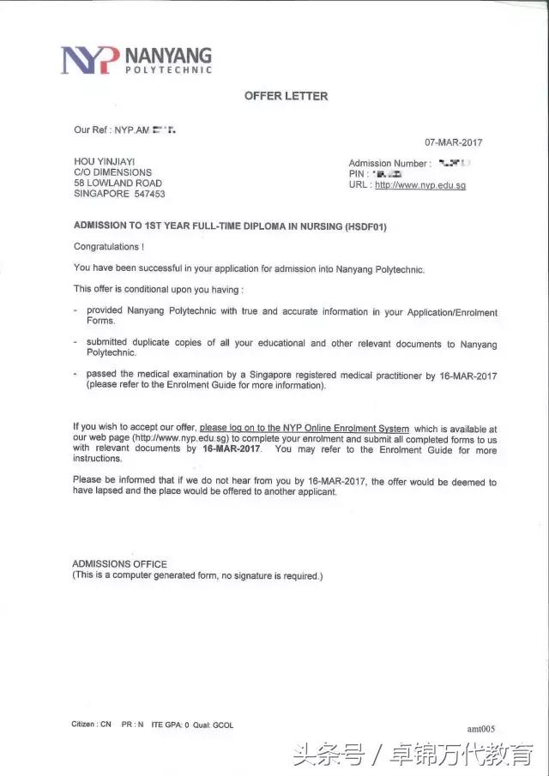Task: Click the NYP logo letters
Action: click(90, 59)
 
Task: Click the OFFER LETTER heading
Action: click(286, 96)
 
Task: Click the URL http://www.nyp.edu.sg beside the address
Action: click(420, 185)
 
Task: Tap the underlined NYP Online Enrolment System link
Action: click(305, 428)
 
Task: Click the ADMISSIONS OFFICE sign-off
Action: click(119, 564)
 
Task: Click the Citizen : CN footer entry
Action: click(92, 725)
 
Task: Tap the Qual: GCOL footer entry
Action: click(213, 725)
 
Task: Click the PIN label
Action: click(358, 174)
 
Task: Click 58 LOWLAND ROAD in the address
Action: click(118, 183)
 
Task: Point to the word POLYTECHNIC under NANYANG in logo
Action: click(169, 69)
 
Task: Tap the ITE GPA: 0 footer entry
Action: click(170, 725)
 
